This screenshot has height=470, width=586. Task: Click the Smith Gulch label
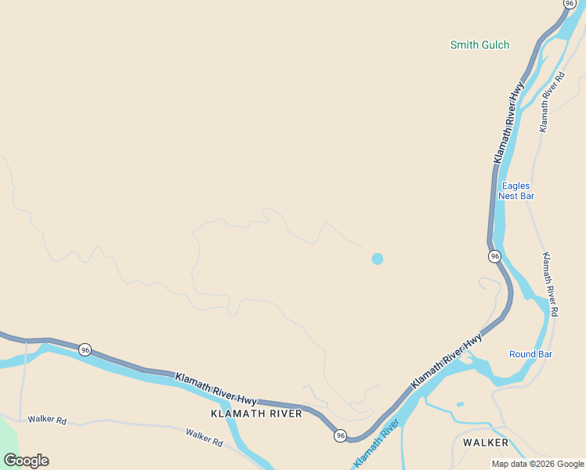click(479, 45)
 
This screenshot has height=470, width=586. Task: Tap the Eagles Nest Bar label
click(516, 190)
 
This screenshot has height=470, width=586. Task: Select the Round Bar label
click(530, 354)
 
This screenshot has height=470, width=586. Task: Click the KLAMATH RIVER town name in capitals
click(256, 413)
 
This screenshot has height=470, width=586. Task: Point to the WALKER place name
click(485, 443)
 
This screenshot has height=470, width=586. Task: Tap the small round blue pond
click(378, 258)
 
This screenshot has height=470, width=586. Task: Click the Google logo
click(26, 461)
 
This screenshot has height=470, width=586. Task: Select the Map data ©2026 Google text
click(538, 464)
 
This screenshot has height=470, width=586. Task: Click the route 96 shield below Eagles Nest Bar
click(494, 256)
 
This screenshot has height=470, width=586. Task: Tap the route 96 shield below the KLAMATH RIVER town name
click(339, 436)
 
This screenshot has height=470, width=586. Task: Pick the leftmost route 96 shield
click(85, 349)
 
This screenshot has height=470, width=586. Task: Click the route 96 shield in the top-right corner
click(570, 3)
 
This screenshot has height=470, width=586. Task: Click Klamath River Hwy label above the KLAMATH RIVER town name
click(215, 388)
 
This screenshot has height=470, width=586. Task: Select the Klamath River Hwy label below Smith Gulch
click(508, 124)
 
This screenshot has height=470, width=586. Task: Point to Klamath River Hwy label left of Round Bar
click(446, 361)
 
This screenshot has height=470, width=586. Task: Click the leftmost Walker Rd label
click(47, 420)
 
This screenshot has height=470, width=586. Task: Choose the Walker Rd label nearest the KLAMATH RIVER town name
click(204, 437)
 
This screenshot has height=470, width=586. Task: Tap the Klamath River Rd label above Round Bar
click(550, 284)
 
